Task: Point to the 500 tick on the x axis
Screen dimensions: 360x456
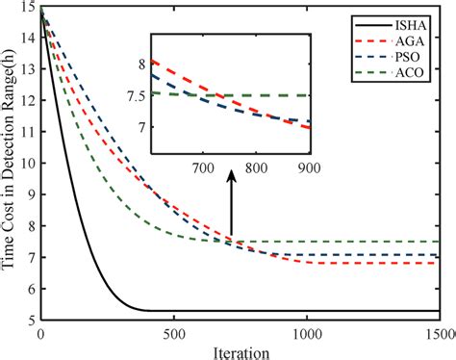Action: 173,333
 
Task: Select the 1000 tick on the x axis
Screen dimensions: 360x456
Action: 307,333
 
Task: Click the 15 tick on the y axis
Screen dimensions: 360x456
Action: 29,9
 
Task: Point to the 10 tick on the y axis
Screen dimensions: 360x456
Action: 29,164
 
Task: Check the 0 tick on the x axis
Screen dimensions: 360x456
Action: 40,333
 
